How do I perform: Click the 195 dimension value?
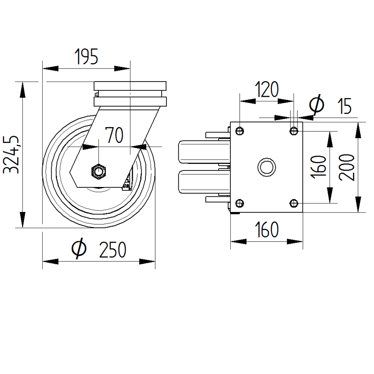pyautogui.click(x=86, y=57)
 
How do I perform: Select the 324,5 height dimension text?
pyautogui.click(x=12, y=154)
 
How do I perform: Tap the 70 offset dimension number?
pyautogui.click(x=114, y=135)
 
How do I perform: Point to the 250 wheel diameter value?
pyautogui.click(x=113, y=250)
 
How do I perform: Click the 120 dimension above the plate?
pyautogui.click(x=267, y=90)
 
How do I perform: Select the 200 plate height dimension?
pyautogui.click(x=348, y=167)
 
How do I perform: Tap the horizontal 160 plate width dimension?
pyautogui.click(x=267, y=230)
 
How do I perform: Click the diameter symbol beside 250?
pyautogui.click(x=79, y=249)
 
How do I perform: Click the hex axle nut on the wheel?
pyautogui.click(x=99, y=172)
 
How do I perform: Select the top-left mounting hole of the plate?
pyautogui.click(x=240, y=131)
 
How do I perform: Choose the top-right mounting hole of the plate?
pyautogui.click(x=294, y=131)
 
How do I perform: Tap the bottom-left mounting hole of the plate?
pyautogui.click(x=240, y=203)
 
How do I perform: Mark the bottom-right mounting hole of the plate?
pyautogui.click(x=294, y=203)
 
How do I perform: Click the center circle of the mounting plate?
pyautogui.click(x=266, y=167)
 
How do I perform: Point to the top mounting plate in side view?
pyautogui.click(x=130, y=85)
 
